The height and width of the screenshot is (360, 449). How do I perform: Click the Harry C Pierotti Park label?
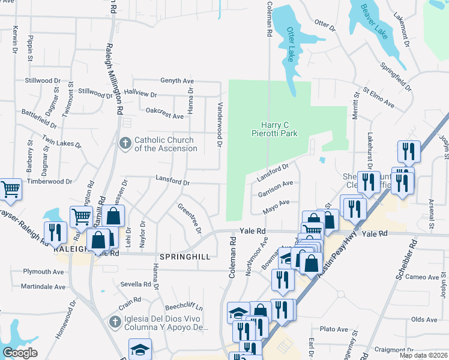click(274, 128)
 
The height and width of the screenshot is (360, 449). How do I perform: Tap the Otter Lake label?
click(292, 44)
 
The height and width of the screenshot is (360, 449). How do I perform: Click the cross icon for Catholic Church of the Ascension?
click(125, 143)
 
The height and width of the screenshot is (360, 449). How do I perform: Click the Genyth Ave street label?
click(177, 81)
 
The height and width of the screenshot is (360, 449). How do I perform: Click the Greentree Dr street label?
click(190, 218)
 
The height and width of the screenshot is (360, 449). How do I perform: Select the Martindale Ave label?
click(43, 287)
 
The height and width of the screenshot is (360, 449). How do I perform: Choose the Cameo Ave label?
click(422, 277)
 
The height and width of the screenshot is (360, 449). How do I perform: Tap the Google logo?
click(20, 353)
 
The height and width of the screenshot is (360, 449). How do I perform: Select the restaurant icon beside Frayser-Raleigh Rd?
click(57, 232)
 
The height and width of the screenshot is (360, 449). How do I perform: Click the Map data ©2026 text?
click(423, 355)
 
